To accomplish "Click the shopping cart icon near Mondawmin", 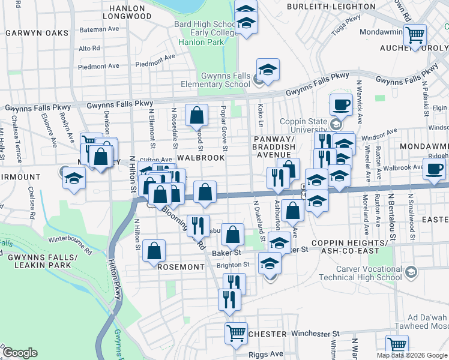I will (x=414, y=35).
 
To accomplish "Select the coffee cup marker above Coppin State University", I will (x=341, y=104).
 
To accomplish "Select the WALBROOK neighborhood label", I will (x=200, y=157).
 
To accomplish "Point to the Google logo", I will (x=20, y=353).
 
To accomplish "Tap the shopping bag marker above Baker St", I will (x=232, y=235).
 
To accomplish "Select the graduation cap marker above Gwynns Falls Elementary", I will (x=268, y=70).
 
